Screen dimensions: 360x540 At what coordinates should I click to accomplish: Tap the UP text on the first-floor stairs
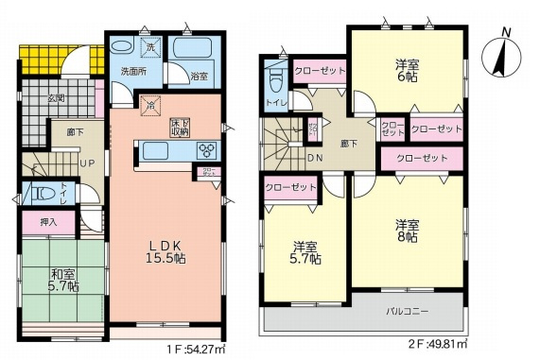(86, 163)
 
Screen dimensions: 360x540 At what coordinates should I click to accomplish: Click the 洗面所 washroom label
(132, 71)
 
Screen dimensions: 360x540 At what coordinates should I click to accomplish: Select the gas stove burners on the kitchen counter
(206, 149)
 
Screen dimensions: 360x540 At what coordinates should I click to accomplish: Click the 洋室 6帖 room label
(409, 72)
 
